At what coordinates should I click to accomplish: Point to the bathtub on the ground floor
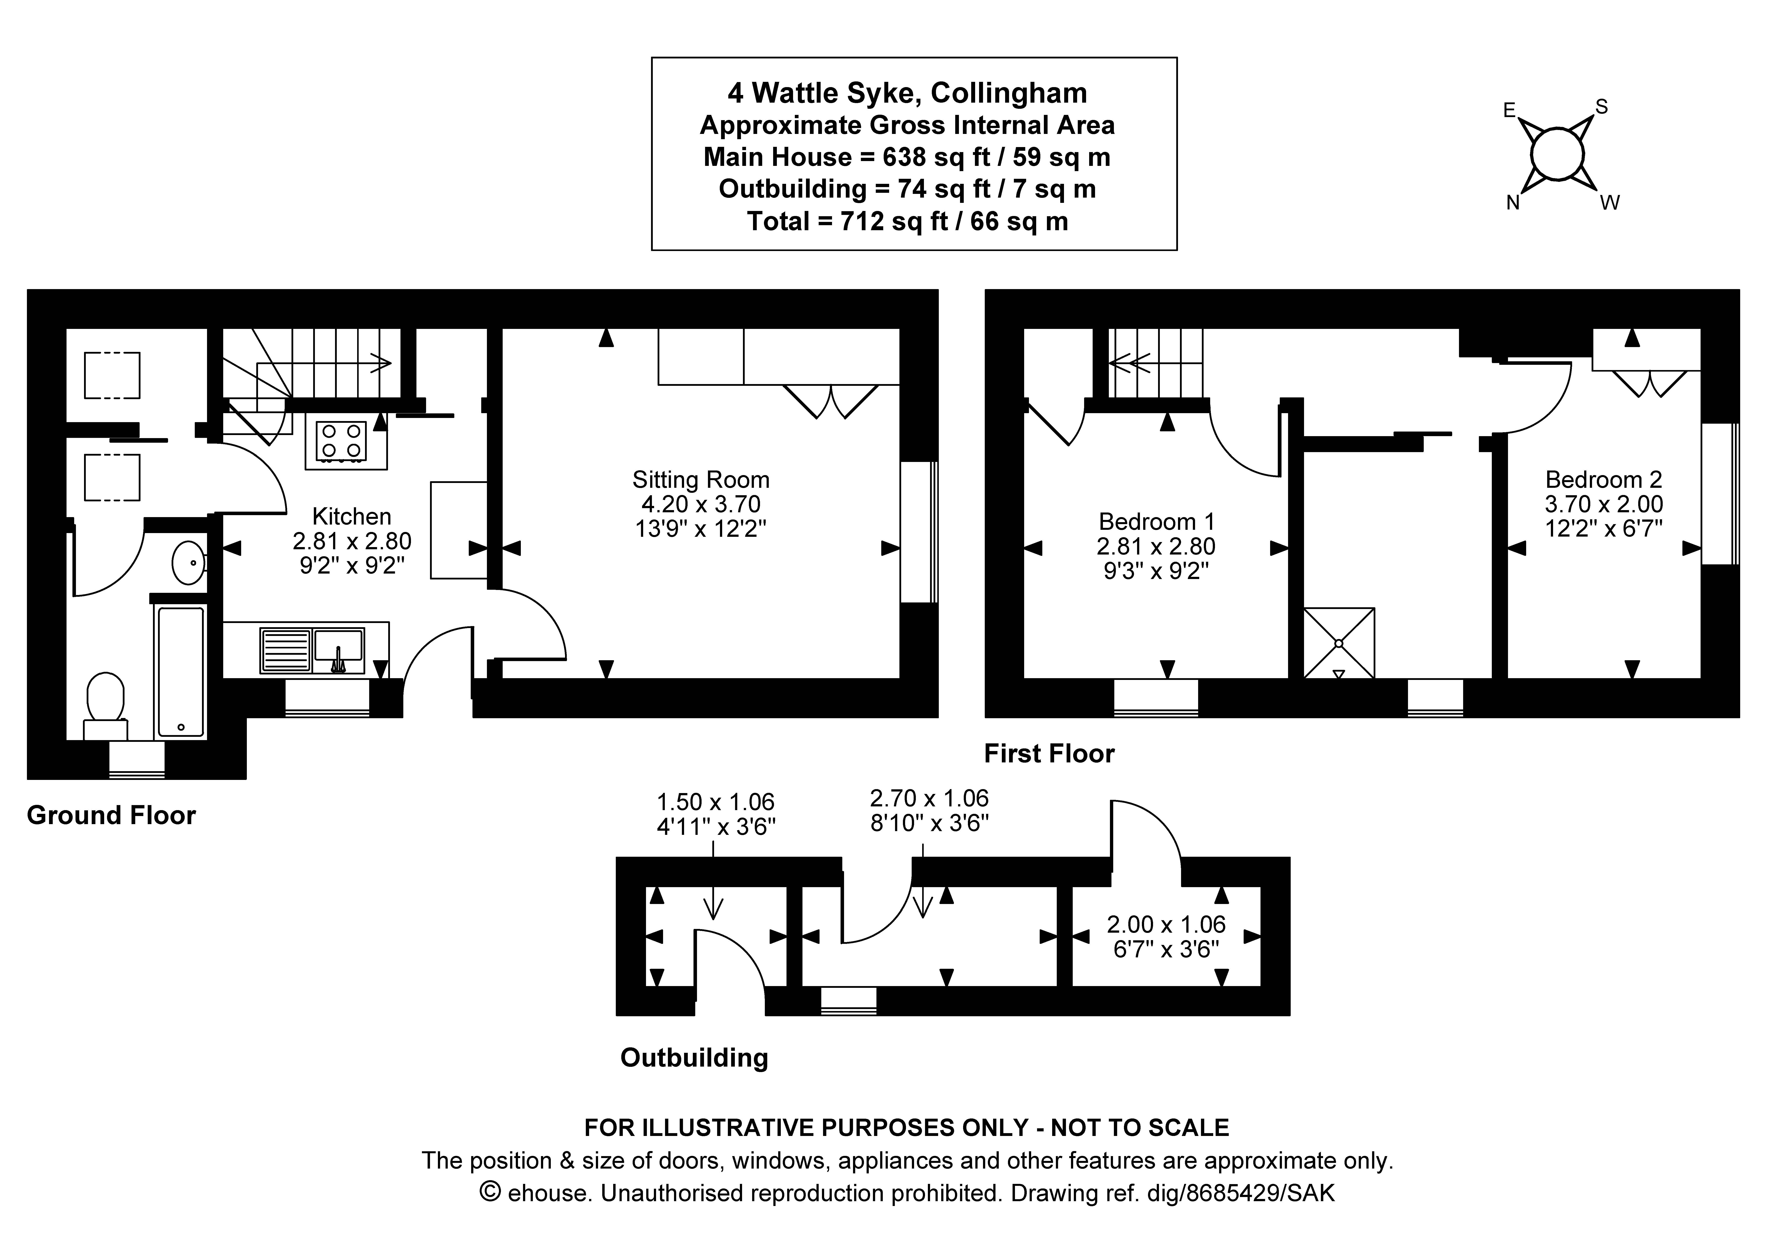coord(181,671)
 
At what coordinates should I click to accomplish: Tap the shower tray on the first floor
coord(1338,643)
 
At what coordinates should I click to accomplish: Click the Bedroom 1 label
coord(1156,521)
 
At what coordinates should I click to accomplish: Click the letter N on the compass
coord(1512,203)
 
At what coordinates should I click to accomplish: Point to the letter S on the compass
coord(1601,107)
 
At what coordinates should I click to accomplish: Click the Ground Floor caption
coord(112,815)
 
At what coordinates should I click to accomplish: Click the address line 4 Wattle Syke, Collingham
coord(908,93)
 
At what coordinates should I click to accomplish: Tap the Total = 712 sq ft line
coord(908,221)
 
